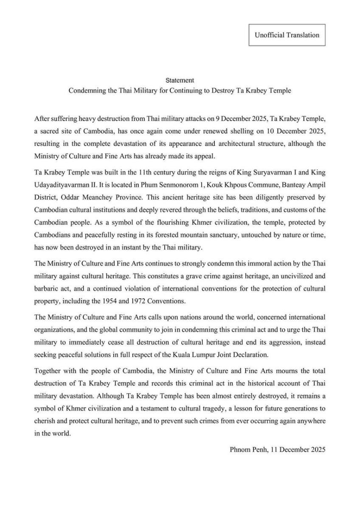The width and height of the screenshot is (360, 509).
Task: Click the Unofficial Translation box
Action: point(287,35)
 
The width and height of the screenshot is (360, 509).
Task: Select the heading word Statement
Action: point(180,80)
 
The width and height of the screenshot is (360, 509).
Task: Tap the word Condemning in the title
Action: point(85,91)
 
